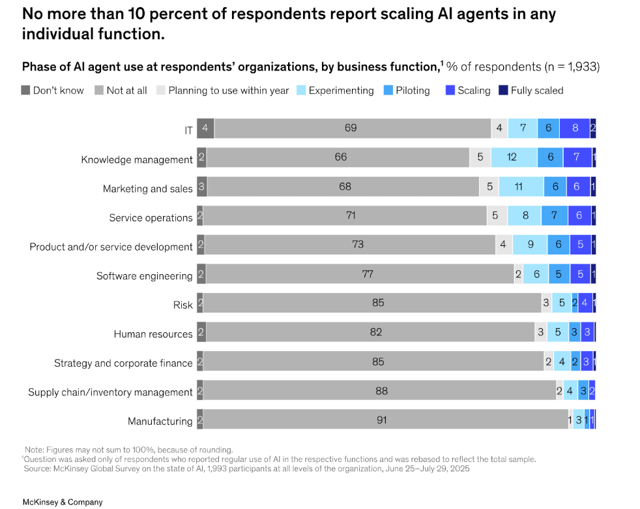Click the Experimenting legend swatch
tap(301, 90)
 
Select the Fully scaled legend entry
tap(531, 90)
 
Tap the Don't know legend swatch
tap(25, 90)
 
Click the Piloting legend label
tap(413, 90)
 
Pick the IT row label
tap(188, 131)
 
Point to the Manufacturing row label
tap(160, 421)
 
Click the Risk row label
tap(183, 305)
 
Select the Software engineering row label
tap(145, 276)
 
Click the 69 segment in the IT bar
tap(353, 129)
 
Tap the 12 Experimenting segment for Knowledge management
tap(514, 157)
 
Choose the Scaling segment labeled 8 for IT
tap(575, 129)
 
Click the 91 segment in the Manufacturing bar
tap(386, 420)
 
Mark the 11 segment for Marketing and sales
tap(521, 187)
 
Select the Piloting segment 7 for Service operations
tap(554, 215)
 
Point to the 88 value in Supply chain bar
tap(382, 391)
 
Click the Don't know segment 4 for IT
tap(205, 129)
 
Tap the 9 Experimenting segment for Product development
tap(530, 245)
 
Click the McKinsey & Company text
tap(63, 502)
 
